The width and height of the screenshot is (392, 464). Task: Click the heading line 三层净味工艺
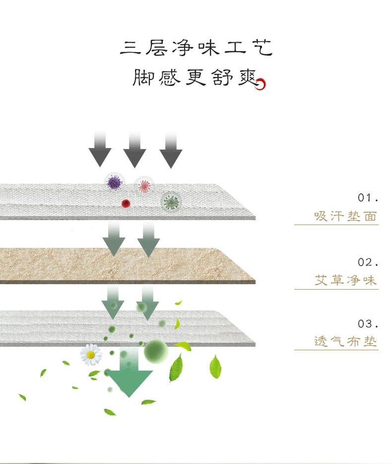196,48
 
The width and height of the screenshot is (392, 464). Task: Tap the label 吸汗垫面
345,217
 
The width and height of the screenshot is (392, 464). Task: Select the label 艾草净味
345,281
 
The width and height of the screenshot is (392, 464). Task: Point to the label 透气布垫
345,342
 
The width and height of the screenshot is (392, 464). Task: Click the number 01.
368,198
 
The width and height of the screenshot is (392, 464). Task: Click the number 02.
368,262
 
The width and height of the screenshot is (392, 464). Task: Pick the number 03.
368,324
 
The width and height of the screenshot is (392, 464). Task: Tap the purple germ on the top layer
115,183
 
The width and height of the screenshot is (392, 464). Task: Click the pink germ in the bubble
144,186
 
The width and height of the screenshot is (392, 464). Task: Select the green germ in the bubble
171,202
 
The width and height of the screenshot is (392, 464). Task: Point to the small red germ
126,203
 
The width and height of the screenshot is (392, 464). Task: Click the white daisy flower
91,354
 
